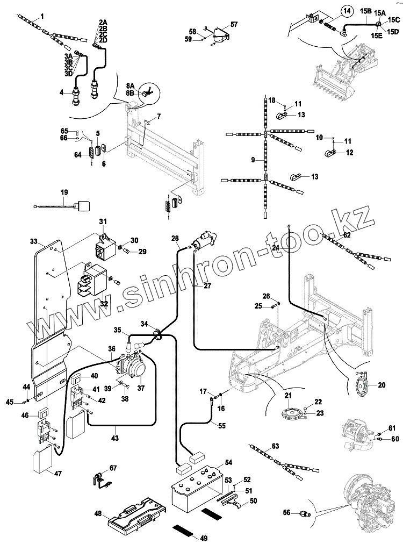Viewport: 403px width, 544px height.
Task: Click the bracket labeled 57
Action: coord(218,33)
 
